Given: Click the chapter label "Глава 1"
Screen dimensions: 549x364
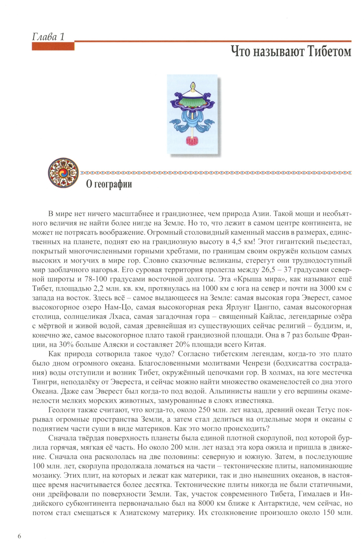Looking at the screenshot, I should pyautogui.click(x=48, y=37).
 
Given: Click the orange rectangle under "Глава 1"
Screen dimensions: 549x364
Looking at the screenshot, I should pyautogui.click(x=53, y=46).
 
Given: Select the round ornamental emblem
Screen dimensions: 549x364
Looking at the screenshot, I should pyautogui.click(x=63, y=173).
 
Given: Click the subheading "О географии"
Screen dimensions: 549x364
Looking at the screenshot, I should pyautogui.click(x=109, y=184).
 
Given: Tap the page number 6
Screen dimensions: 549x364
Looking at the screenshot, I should pyautogui.click(x=19, y=536).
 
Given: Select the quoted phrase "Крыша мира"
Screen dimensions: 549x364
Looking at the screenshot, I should pyautogui.click(x=257, y=279).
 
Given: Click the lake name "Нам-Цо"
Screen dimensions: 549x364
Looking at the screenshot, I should pyautogui.click(x=118, y=307).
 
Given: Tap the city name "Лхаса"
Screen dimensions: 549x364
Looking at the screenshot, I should pyautogui.click(x=117, y=317).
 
